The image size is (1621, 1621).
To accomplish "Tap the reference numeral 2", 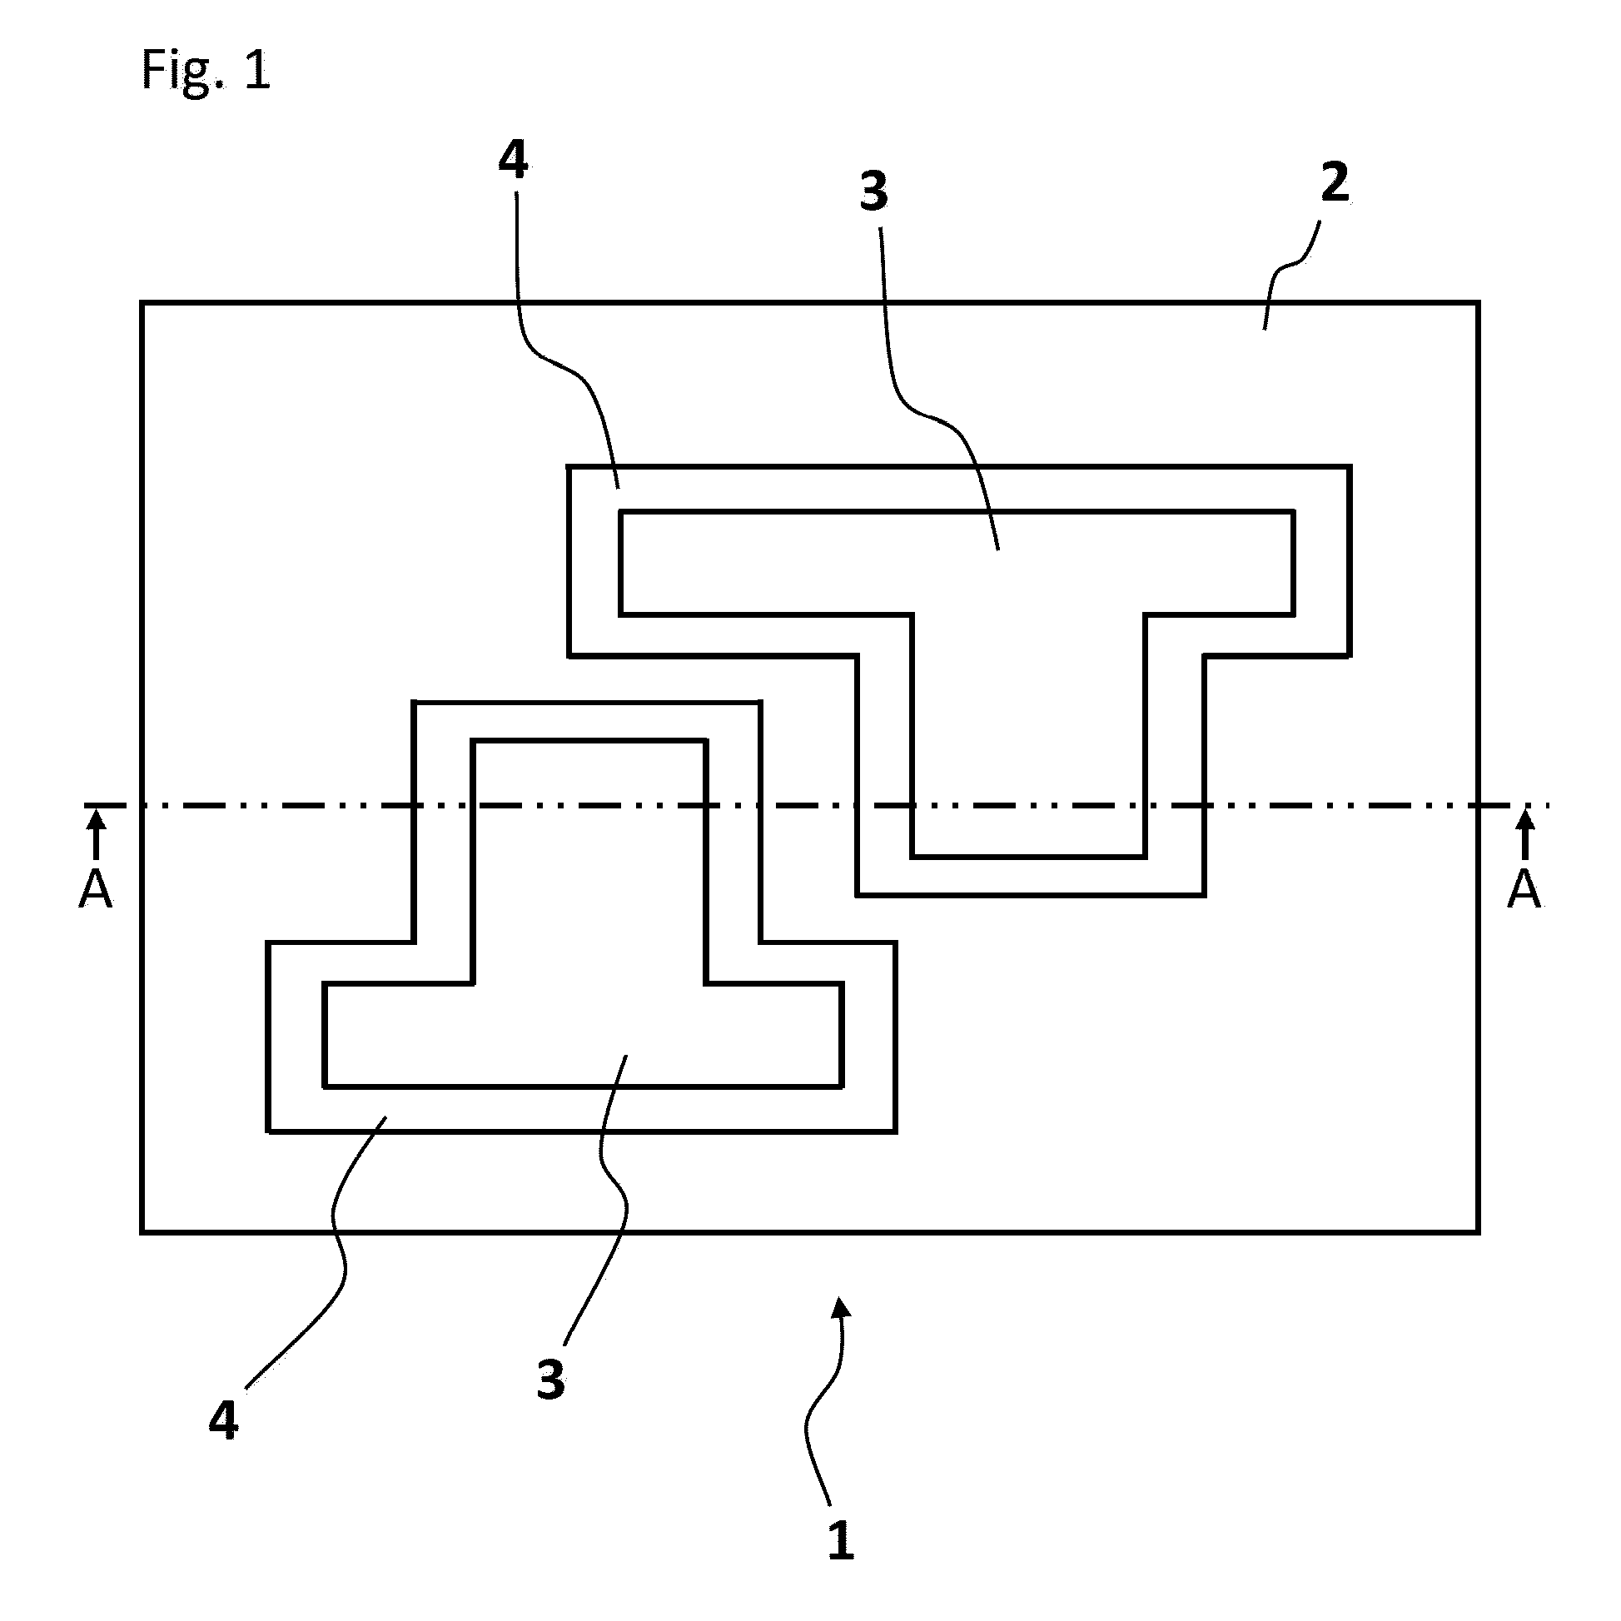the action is [x=1335, y=183].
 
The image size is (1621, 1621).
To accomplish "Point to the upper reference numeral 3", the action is [x=873, y=191].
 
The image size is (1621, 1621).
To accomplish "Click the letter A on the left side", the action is [x=96, y=890].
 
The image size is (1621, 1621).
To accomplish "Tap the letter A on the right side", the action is [x=1524, y=890].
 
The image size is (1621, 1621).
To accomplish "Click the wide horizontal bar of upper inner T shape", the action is [x=957, y=562].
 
